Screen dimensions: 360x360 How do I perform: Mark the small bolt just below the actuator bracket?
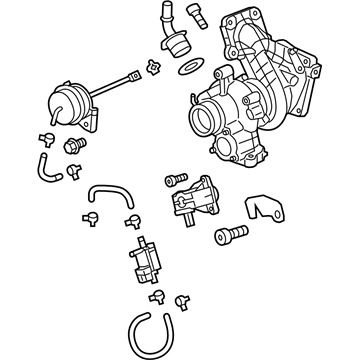click(x=72, y=147)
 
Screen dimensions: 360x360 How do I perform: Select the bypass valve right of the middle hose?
click(x=194, y=200)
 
